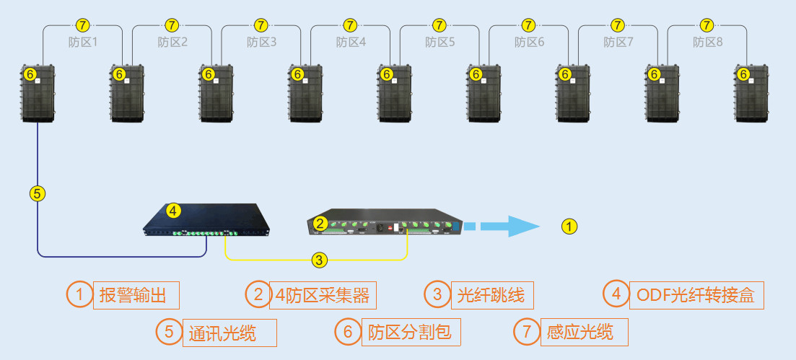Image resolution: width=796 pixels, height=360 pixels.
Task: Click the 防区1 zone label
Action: tap(82, 42)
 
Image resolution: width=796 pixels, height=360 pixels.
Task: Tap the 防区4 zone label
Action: tap(351, 42)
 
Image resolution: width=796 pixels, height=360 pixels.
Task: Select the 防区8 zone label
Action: tap(708, 42)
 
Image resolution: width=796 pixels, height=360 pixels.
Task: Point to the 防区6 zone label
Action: tap(530, 42)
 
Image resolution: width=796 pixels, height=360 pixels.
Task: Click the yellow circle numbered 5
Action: tap(38, 193)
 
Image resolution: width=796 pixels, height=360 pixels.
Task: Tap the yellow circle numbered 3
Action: tap(319, 258)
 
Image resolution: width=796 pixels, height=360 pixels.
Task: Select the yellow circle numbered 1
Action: tap(570, 227)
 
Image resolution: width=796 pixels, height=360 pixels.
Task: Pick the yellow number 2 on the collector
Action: tap(320, 224)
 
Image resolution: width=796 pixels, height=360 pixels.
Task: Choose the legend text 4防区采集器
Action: tap(323, 294)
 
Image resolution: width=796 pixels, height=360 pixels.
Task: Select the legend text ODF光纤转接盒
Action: tap(695, 294)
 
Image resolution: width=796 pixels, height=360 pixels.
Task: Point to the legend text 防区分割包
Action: tap(409, 332)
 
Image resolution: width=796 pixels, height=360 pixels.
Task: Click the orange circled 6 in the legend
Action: tap(348, 332)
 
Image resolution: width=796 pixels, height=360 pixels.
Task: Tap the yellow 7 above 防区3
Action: tap(261, 26)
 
